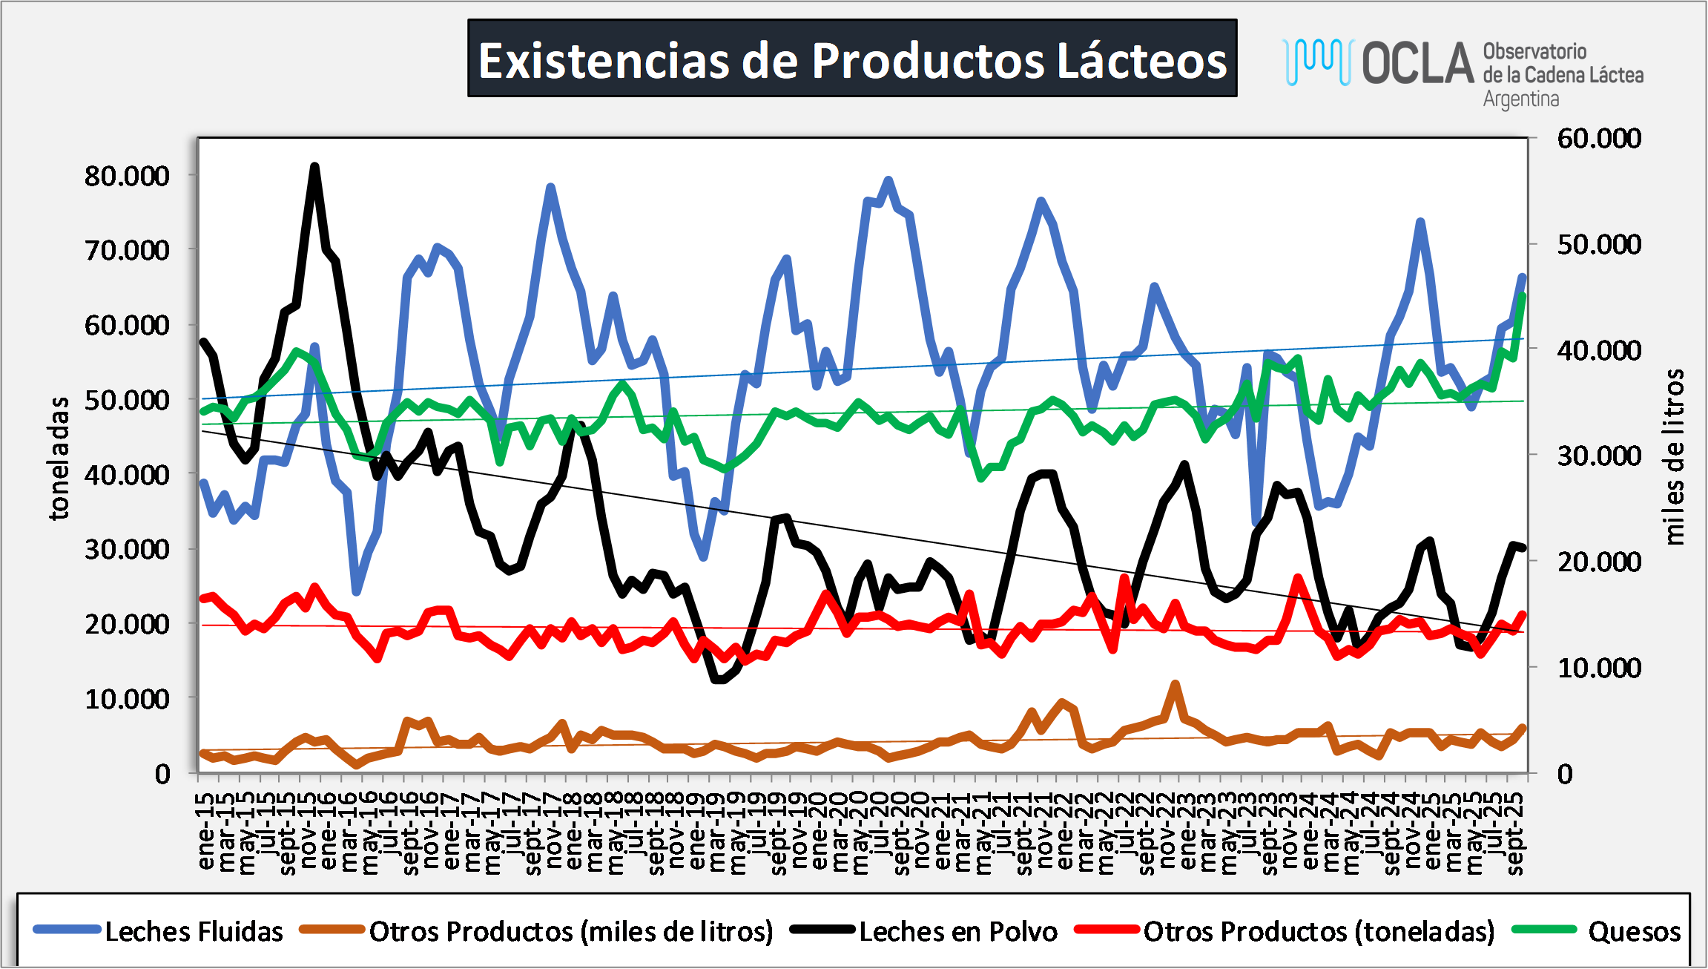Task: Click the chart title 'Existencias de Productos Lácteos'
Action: tap(852, 59)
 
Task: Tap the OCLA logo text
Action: tap(1417, 63)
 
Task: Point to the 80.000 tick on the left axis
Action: tap(127, 176)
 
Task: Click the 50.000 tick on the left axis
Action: tap(127, 400)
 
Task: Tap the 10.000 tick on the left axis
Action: tap(127, 699)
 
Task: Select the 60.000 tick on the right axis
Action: tap(1599, 138)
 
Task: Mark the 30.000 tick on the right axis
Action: tap(1599, 456)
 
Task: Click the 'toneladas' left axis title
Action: tap(59, 458)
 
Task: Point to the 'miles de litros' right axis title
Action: tap(1673, 456)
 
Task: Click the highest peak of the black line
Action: tap(314, 166)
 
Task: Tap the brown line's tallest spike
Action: tap(1175, 683)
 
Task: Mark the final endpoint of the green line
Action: tap(1523, 295)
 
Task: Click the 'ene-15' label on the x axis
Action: tap(205, 831)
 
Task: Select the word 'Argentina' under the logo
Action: tap(1520, 99)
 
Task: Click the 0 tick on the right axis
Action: tap(1565, 774)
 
